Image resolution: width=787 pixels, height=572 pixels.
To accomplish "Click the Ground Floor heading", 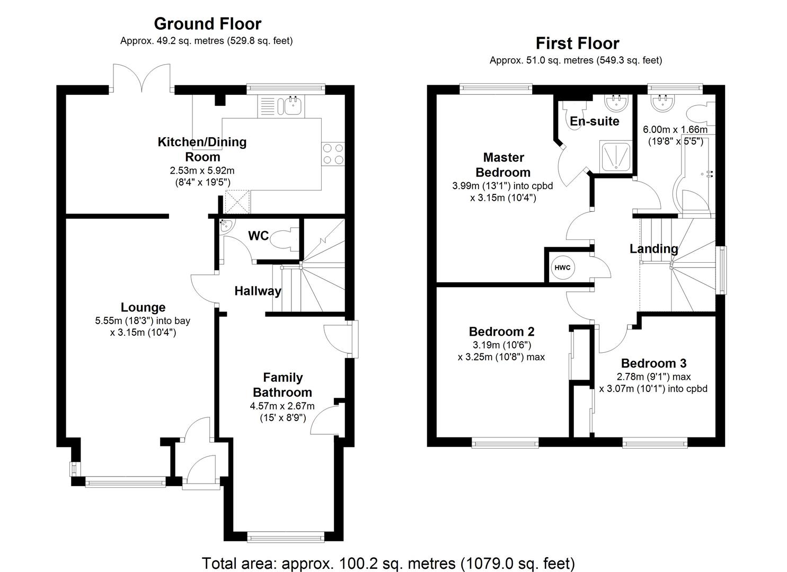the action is (207, 24).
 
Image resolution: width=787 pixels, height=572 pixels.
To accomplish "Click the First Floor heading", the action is (577, 43).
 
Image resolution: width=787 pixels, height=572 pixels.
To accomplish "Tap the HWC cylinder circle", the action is (562, 267).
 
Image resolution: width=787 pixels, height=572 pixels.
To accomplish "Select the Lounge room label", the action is (143, 307).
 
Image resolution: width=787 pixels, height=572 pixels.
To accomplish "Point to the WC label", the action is (259, 236).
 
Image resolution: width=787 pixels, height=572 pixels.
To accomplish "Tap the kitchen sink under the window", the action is (293, 106).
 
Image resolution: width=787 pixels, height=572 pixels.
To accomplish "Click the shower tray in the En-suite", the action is (616, 156).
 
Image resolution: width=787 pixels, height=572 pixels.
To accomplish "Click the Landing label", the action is (653, 248).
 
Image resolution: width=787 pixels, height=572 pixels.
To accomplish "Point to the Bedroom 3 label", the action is (653, 363).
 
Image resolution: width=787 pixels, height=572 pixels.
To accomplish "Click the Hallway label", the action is (258, 291).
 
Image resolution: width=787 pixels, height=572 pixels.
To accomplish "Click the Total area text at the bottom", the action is (388, 562).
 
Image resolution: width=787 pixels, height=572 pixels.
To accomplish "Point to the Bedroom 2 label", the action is (501, 332).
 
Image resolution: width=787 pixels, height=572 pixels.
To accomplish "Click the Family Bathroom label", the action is (282, 385).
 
